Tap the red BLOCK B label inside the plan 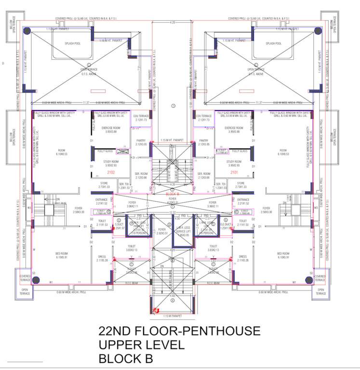(x=172, y=194)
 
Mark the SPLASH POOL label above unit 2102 (x=72, y=43)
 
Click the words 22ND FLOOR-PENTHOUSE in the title (x=179, y=331)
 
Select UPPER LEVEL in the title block (x=141, y=345)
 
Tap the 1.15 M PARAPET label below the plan (x=172, y=316)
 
